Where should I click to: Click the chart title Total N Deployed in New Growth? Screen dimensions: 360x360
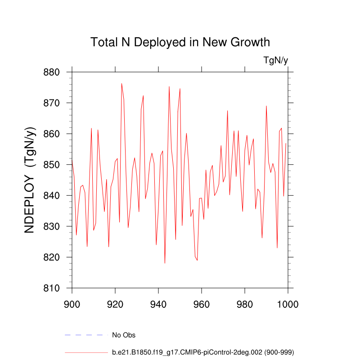(180, 42)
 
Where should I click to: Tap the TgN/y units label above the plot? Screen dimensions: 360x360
(275, 60)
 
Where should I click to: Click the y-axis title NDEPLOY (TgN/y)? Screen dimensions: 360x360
(30, 180)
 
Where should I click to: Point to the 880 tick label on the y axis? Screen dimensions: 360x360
(53, 72)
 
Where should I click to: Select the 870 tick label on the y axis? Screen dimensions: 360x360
(53, 103)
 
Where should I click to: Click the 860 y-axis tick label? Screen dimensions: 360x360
(53, 134)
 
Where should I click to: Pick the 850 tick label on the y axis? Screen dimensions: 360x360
(53, 165)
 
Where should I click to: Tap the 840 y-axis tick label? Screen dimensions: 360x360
(53, 195)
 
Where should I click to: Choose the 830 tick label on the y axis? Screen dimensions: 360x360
(53, 226)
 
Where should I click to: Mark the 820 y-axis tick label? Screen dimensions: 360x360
(53, 257)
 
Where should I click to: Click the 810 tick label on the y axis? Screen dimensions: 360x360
(53, 288)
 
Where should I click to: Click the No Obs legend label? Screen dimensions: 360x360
(124, 335)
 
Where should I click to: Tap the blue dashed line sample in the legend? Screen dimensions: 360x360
(86, 335)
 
